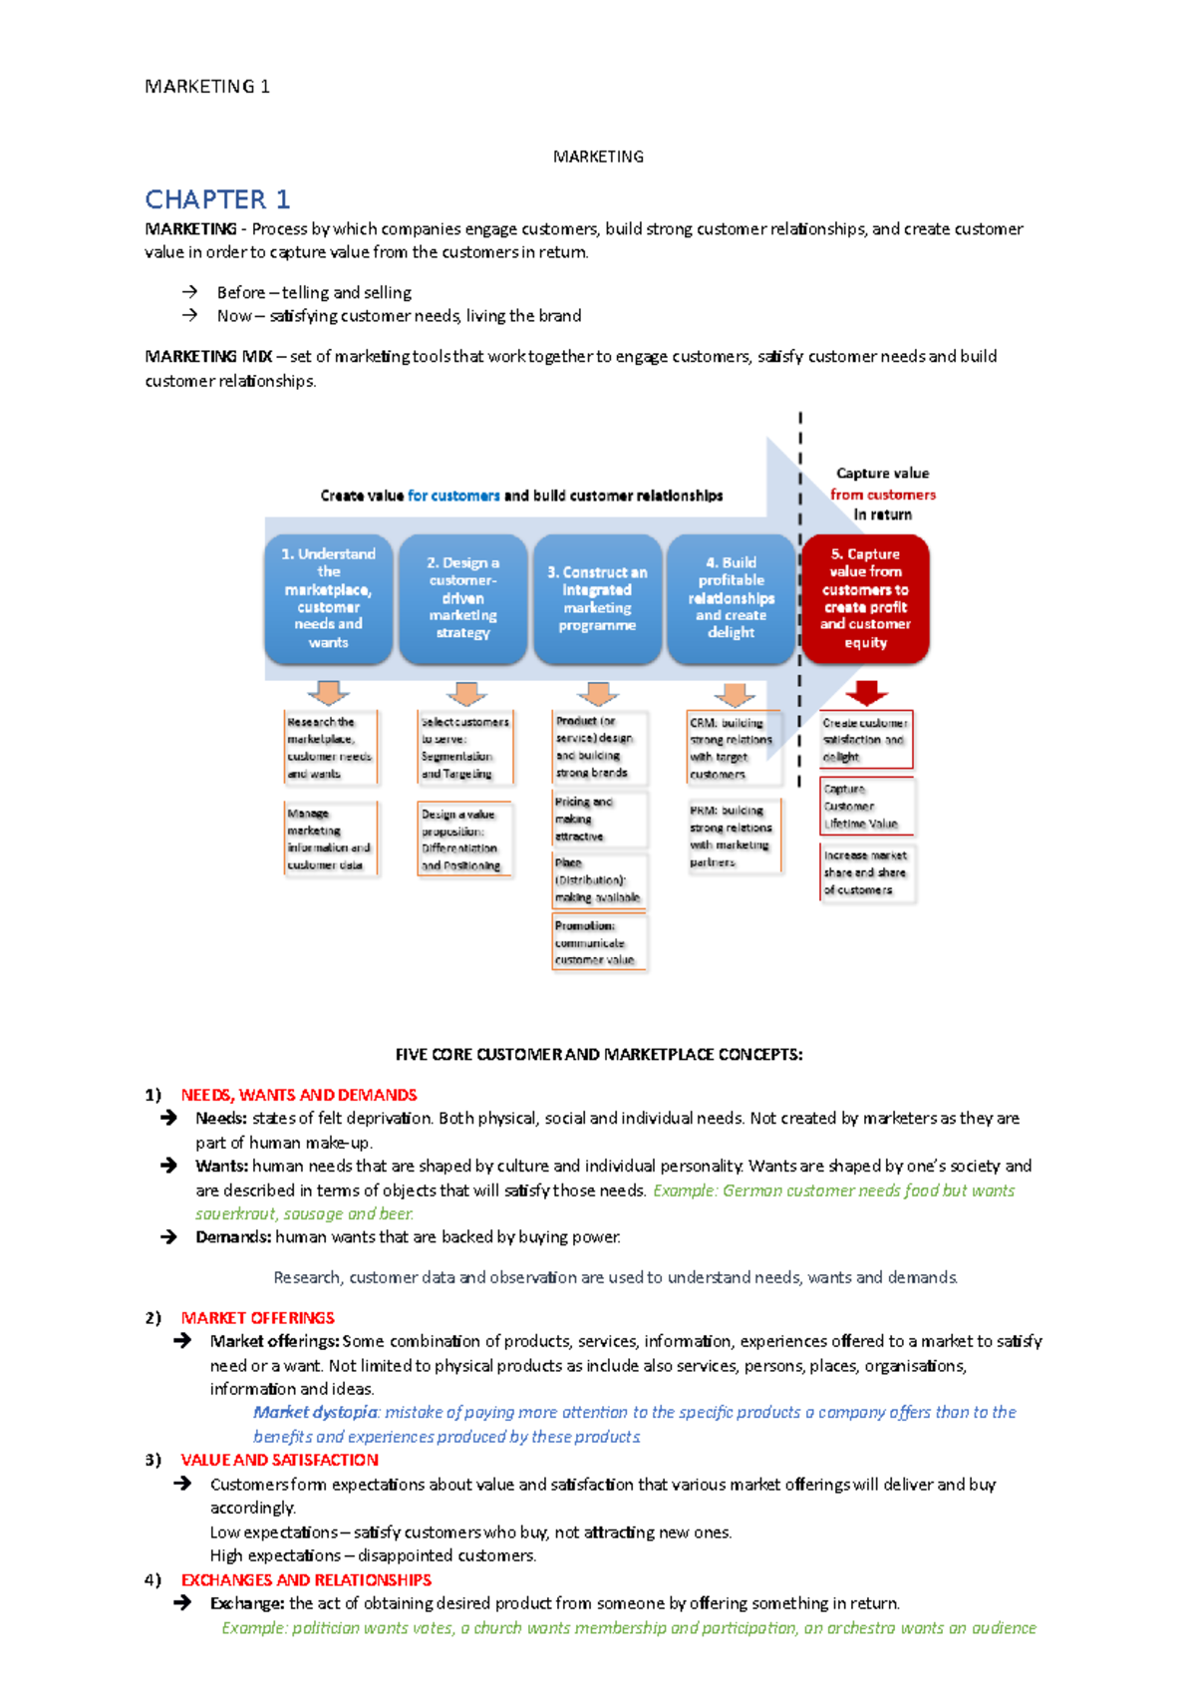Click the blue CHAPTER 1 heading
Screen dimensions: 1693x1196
tap(217, 199)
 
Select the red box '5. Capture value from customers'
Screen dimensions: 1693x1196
tap(865, 598)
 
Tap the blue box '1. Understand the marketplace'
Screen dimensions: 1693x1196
tap(328, 598)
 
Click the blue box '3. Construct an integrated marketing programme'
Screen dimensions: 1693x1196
tap(597, 598)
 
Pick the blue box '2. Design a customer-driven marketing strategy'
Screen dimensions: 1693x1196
tap(462, 598)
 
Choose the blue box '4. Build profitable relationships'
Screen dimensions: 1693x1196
tap(731, 598)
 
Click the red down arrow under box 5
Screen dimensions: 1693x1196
tap(866, 692)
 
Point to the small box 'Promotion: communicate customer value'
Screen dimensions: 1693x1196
tap(598, 943)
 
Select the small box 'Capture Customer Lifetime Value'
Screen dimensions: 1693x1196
tap(865, 807)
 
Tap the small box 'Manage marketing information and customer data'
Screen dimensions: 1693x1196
tap(331, 840)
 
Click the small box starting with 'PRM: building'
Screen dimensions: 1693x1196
tap(734, 837)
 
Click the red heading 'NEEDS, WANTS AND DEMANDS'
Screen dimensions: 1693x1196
tap(299, 1095)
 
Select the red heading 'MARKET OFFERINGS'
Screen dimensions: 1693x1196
tap(257, 1318)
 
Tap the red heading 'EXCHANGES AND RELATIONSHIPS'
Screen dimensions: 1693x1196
tap(306, 1580)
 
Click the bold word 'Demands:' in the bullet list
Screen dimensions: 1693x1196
tap(233, 1237)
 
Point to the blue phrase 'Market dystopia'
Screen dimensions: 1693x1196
tap(315, 1413)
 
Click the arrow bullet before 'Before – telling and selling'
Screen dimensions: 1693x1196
tap(189, 292)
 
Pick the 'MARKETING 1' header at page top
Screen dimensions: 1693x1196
tap(207, 87)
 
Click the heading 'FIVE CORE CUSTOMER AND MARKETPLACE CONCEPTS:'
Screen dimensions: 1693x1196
tap(598, 1055)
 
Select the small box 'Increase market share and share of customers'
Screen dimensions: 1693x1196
tap(865, 872)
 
